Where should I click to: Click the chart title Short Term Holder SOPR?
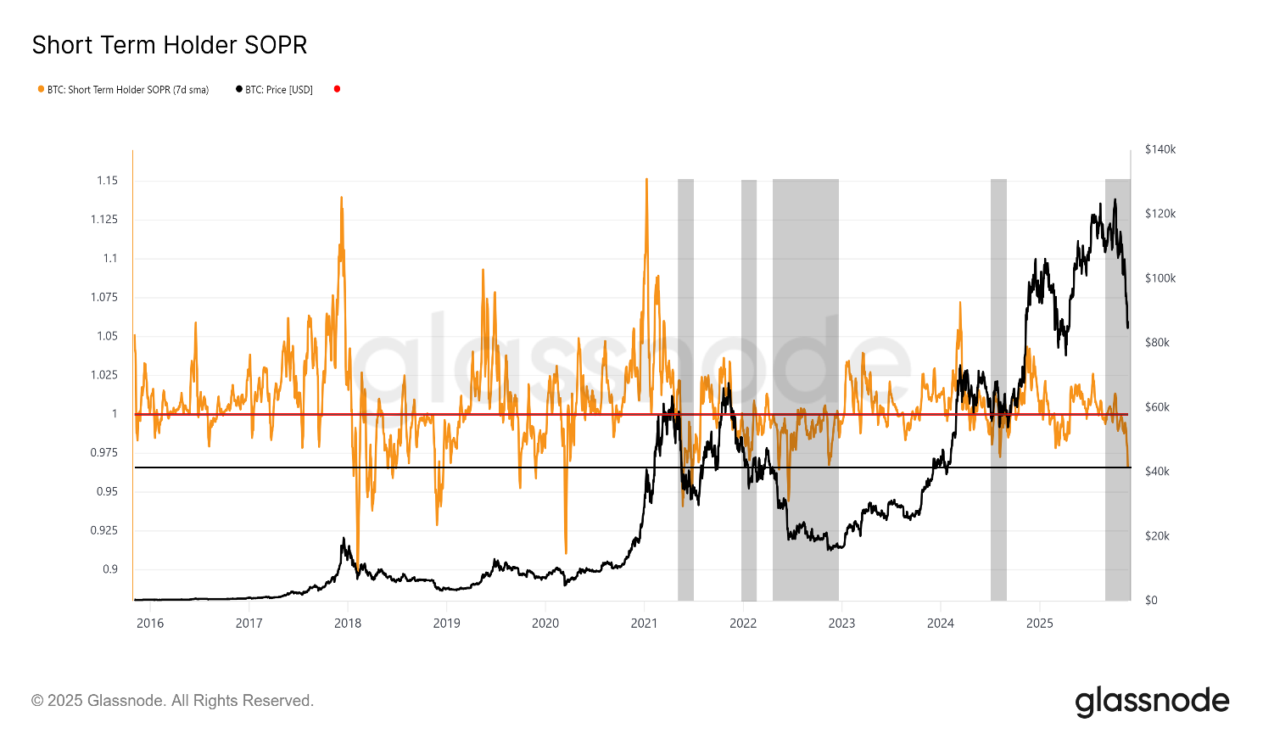pos(170,45)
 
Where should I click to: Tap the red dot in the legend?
pos(337,89)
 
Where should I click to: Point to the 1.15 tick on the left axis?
pos(107,181)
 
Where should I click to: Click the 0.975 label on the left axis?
pos(105,453)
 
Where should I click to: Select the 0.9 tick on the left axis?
pos(110,569)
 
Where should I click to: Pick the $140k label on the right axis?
pos(1160,149)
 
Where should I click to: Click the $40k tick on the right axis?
pos(1157,472)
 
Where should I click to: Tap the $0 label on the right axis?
pos(1151,601)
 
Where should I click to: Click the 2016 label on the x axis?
pos(150,624)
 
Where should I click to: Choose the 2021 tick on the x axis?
pos(645,624)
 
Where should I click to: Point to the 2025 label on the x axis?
pos(1040,624)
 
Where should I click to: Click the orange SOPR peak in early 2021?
pos(646,180)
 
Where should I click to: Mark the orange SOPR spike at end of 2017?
pos(341,199)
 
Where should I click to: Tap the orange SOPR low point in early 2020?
pos(566,553)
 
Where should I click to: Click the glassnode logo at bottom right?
pos(1152,702)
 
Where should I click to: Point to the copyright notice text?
pos(173,701)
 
